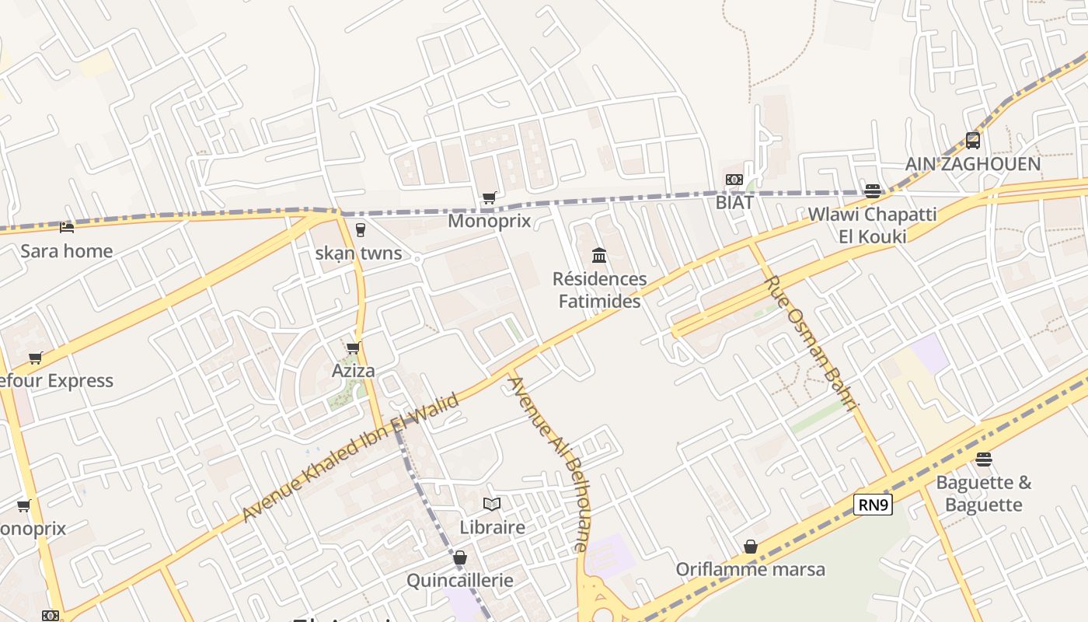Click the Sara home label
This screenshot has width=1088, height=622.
point(66,251)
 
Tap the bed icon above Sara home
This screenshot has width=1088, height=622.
point(67,228)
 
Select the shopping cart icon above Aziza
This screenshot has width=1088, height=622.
point(354,348)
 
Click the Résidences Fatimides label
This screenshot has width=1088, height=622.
point(599,290)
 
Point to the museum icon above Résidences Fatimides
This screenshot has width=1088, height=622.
point(599,255)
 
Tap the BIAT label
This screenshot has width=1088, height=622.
point(734,202)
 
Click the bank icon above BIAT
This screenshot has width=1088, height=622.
point(734,180)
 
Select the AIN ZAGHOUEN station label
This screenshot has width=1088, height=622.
point(972,164)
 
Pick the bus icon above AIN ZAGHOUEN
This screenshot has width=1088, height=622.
point(973,141)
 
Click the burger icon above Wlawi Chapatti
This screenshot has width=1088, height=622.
point(873,191)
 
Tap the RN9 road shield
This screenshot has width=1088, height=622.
point(873,505)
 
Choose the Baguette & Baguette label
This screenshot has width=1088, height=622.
point(984,494)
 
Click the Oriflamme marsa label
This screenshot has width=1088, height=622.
point(750,569)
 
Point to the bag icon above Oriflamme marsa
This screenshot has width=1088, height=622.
point(750,547)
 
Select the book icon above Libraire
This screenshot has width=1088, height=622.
point(492,505)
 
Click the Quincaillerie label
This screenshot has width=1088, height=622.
point(460,581)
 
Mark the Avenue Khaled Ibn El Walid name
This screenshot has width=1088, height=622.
point(350,457)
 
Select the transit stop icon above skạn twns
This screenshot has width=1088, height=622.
point(360,230)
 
